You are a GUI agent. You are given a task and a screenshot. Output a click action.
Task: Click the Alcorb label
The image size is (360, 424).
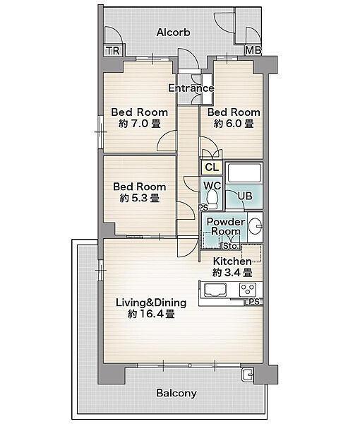pos(174,33)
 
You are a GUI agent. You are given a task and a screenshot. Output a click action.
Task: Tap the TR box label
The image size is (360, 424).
pos(113,51)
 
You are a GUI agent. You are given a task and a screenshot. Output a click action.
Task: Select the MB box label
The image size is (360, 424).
pos(253,50)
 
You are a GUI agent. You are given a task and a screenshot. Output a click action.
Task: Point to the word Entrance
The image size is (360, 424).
pos(191,88)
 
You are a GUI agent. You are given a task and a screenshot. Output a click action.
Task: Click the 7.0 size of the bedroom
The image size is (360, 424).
pos(140,124)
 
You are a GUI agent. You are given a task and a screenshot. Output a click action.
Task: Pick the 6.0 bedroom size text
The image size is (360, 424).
pos(234,124)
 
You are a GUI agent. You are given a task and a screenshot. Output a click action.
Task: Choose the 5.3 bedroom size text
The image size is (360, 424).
pos(140,198)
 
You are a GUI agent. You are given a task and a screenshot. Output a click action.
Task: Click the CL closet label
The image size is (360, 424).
pos(212,167)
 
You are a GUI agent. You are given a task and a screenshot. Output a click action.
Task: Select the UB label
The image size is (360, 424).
pos(245,196)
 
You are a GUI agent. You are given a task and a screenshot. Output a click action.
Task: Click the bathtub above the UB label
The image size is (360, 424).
pos(244,173)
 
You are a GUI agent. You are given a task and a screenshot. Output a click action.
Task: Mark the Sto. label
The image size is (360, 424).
pos(231,247)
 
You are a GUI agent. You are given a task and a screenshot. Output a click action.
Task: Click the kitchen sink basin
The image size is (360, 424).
pos(215,290)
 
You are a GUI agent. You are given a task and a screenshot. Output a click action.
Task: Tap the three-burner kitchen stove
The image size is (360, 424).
pos(248,289)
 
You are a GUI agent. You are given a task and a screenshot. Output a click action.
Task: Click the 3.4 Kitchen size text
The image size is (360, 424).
pos(232,272)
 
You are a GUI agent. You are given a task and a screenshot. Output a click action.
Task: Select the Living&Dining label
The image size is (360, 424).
pos(151,302)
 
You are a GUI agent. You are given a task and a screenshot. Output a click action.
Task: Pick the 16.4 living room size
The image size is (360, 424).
pos(151,314)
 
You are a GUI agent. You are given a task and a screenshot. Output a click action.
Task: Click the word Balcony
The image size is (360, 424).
pos(176,393)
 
